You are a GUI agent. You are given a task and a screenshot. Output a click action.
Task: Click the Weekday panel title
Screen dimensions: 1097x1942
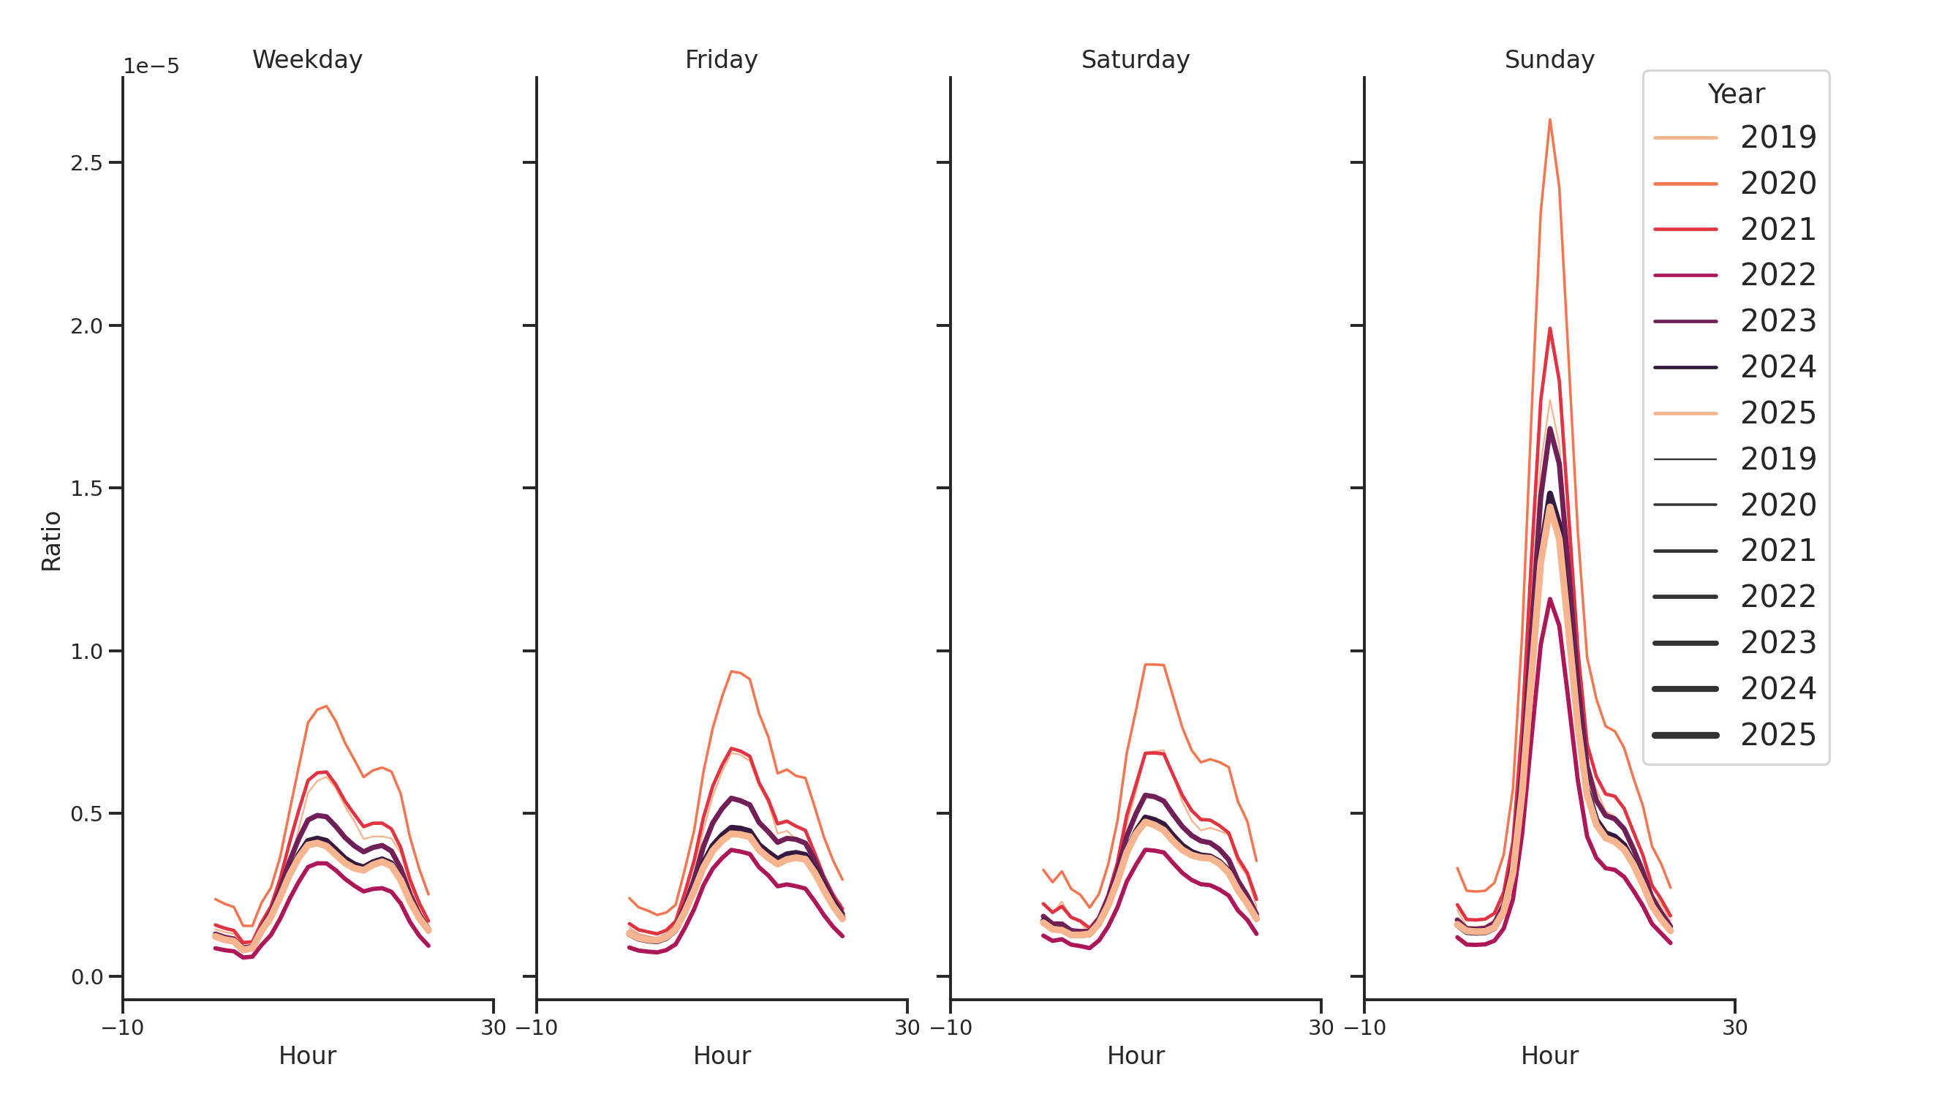pos(307,59)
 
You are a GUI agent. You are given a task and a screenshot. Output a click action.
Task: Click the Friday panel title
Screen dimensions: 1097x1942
pos(721,59)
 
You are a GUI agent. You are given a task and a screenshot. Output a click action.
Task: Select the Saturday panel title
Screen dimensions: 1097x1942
pos(1135,59)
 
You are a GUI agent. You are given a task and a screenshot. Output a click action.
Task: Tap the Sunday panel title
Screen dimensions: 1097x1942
pos(1549,59)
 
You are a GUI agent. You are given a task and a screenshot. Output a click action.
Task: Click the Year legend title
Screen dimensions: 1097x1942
pos(1735,94)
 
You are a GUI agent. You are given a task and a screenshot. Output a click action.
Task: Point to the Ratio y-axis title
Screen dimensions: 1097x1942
pos(51,540)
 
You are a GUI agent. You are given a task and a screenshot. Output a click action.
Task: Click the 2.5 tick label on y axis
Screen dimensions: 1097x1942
pos(86,163)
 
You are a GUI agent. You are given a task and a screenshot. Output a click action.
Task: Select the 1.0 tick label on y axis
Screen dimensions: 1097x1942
pos(86,652)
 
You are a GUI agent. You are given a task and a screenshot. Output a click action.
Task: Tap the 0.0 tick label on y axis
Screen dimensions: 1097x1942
pos(86,977)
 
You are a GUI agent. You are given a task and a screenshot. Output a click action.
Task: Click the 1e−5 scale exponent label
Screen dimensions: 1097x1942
pos(151,67)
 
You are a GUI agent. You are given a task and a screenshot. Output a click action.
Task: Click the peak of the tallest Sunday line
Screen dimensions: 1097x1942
pos(1549,120)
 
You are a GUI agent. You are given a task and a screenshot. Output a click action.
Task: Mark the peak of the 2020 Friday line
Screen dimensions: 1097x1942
pos(730,671)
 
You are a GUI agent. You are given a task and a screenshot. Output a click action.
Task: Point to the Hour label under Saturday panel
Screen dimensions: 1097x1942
pos(1135,1055)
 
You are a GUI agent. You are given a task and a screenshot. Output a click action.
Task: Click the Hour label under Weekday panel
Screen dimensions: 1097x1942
pos(307,1055)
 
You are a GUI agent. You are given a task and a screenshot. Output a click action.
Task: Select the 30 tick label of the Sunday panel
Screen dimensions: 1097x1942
pos(1734,1027)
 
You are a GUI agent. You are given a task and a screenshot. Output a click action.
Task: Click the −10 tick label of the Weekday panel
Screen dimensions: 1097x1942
pos(122,1027)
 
